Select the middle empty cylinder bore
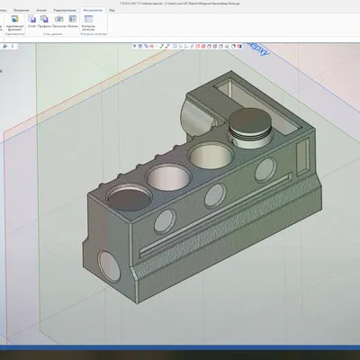tap(165, 171)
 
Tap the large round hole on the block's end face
tap(107, 262)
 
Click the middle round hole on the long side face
tap(215, 193)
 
